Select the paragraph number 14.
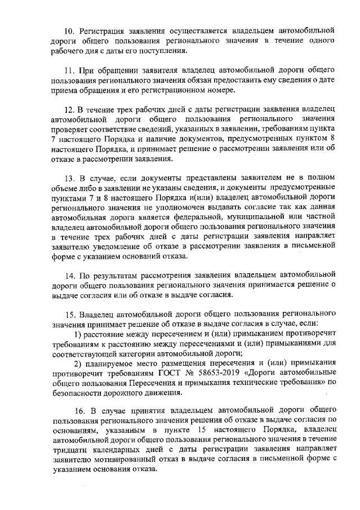click(70, 276)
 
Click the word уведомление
click(113, 245)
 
